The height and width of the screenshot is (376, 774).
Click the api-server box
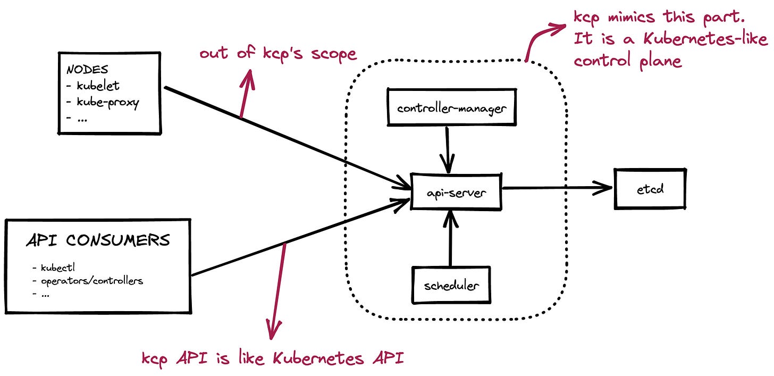tap(457, 192)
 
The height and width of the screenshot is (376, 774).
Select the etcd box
tap(650, 188)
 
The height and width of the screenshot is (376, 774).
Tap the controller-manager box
tap(451, 108)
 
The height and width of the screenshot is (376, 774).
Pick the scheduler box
tap(451, 285)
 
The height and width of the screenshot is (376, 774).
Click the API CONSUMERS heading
tap(98, 240)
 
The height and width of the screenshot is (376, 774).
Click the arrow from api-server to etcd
tap(558, 188)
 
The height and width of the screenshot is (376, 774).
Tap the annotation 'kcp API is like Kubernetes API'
tap(273, 358)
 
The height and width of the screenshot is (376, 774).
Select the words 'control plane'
tap(627, 61)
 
